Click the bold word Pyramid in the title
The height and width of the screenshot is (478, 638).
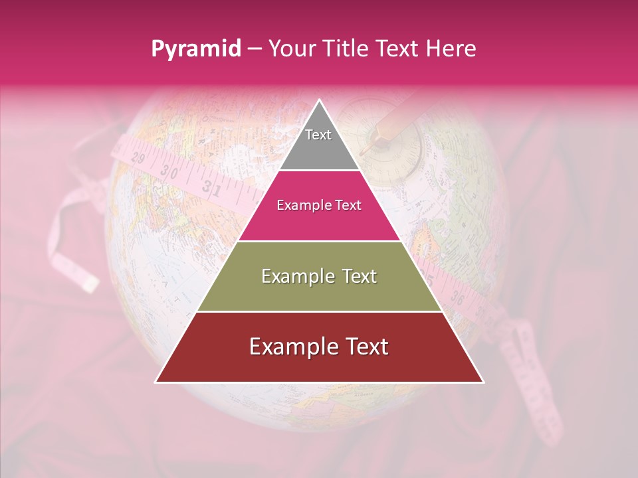pyautogui.click(x=196, y=48)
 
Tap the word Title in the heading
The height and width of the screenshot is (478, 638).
pyautogui.click(x=348, y=48)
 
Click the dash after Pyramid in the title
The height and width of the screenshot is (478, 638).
pyautogui.click(x=255, y=49)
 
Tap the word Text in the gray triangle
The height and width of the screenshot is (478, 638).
pyautogui.click(x=318, y=135)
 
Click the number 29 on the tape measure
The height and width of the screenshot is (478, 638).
pyautogui.click(x=139, y=159)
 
